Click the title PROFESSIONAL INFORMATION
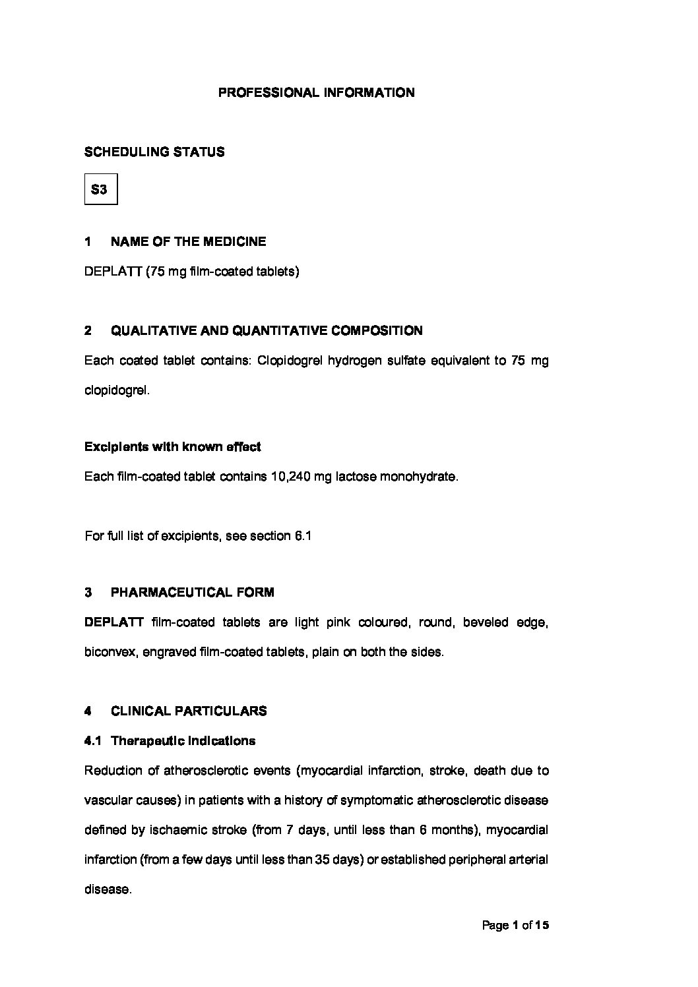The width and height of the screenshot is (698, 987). click(x=316, y=93)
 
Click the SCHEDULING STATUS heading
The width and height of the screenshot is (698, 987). click(x=154, y=152)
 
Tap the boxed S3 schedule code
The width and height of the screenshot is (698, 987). click(x=100, y=190)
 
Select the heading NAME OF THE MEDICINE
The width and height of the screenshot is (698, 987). click(x=188, y=242)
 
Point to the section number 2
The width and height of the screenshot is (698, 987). click(x=88, y=331)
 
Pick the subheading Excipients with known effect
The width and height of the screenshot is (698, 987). click(x=172, y=447)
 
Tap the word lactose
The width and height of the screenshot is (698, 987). click(x=356, y=477)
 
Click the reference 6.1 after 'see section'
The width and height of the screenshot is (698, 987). click(x=302, y=536)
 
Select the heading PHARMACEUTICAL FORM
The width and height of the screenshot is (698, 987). click(x=192, y=592)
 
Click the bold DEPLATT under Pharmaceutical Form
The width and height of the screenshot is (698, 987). click(x=113, y=622)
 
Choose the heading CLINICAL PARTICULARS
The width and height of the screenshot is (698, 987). click(x=189, y=711)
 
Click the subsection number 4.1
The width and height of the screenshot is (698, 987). click(x=92, y=741)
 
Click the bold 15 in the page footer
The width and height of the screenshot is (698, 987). click(x=542, y=926)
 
